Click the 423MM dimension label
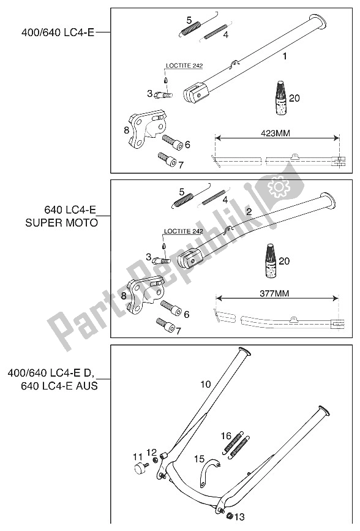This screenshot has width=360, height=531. (x=276, y=133)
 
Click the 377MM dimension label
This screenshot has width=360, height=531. (x=274, y=293)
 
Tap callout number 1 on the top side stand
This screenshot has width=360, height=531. (x=285, y=56)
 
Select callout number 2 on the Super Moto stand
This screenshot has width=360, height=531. (x=249, y=212)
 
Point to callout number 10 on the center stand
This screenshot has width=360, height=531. (x=206, y=385)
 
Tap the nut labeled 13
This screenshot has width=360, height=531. (x=229, y=516)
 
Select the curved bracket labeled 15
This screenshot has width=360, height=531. (x=209, y=465)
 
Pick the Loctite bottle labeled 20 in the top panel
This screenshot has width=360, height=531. (x=281, y=97)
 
